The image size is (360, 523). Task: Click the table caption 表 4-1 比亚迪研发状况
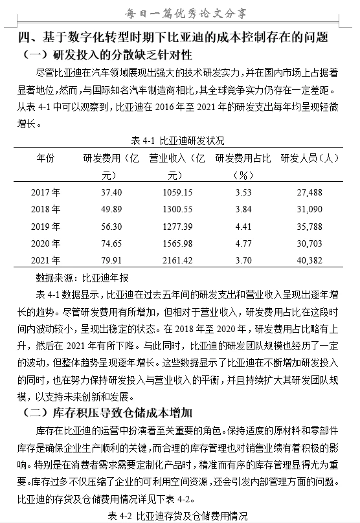click(178, 140)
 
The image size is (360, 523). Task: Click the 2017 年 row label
click(45, 192)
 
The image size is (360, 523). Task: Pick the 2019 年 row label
click(45, 226)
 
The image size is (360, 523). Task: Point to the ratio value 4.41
click(243, 226)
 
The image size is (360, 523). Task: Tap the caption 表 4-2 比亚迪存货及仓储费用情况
click(178, 516)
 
